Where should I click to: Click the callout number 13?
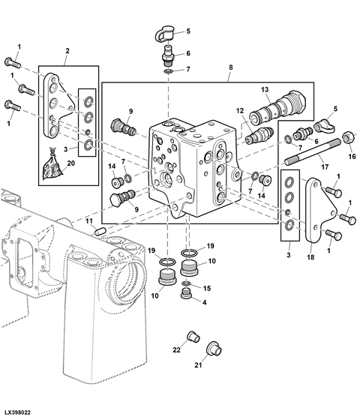(x=264, y=90)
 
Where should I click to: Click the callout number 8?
(x=230, y=67)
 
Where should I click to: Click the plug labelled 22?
(x=191, y=335)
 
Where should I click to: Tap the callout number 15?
(x=205, y=287)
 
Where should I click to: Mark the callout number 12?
(x=241, y=112)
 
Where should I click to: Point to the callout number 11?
(x=88, y=221)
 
